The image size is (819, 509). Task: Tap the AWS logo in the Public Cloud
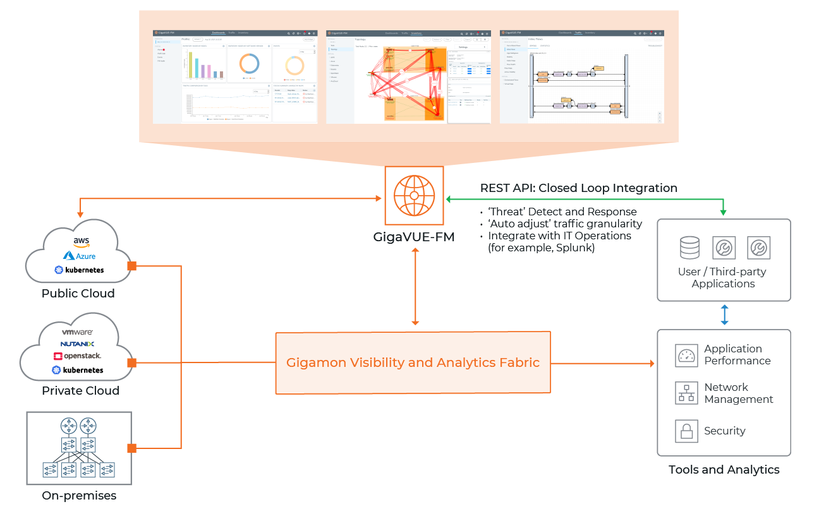click(81, 243)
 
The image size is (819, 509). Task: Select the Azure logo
click(80, 256)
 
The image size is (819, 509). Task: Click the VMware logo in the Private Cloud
click(78, 332)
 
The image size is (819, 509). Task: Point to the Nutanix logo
click(78, 344)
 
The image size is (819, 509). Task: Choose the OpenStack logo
click(78, 356)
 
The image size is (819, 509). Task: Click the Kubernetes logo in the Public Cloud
click(80, 270)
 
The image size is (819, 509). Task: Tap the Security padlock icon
click(686, 431)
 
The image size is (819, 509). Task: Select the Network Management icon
click(686, 393)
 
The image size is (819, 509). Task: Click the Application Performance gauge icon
click(686, 356)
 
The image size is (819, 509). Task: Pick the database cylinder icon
click(689, 248)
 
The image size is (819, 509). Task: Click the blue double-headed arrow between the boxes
click(724, 315)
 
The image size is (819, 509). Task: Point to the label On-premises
click(79, 496)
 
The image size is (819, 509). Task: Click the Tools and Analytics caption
click(724, 470)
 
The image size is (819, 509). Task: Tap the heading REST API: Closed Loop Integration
click(578, 188)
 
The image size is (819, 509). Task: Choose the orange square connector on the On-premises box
click(132, 448)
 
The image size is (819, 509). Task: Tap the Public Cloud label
click(78, 294)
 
